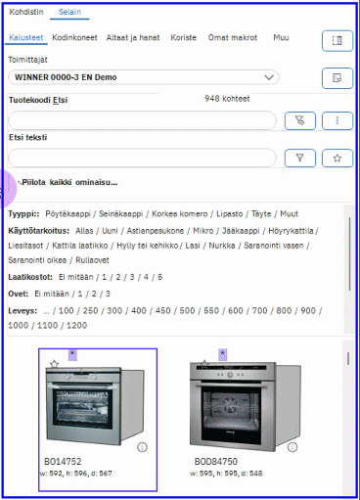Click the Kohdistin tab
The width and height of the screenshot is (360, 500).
25,12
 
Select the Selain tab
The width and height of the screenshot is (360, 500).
68,12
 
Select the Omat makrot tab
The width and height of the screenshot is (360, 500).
233,38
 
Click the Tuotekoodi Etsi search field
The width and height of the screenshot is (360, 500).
142,120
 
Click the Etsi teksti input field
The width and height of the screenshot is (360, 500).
142,158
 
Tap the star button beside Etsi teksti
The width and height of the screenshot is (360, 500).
337,158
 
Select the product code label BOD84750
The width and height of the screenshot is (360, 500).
215,461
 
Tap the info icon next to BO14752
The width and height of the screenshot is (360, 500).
143,447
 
